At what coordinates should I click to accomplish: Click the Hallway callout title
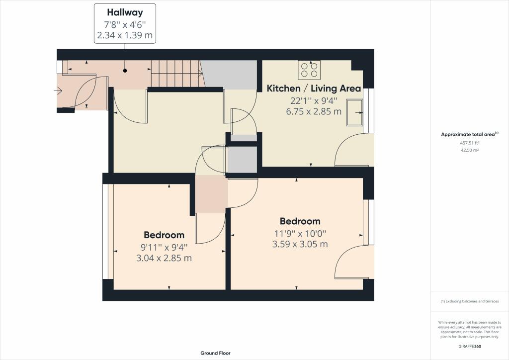(x=125, y=12)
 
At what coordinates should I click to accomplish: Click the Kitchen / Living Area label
(x=314, y=89)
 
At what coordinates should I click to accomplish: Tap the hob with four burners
(x=309, y=70)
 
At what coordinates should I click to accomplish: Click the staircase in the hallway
(x=177, y=74)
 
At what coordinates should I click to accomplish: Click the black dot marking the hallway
(x=125, y=71)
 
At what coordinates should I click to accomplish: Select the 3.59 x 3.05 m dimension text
(x=300, y=244)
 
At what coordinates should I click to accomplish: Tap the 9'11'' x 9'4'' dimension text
(x=164, y=247)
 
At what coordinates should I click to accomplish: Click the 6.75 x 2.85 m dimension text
(x=314, y=111)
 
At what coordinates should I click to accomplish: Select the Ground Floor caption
(x=215, y=353)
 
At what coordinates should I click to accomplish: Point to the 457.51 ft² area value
(x=470, y=143)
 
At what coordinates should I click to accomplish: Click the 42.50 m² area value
(x=470, y=150)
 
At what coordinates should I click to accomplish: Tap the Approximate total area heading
(x=469, y=134)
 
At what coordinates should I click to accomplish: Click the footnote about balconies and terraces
(x=470, y=301)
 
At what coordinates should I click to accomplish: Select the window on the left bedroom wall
(x=105, y=231)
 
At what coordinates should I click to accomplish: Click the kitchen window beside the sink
(x=368, y=111)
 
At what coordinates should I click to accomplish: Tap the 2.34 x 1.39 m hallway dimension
(x=125, y=36)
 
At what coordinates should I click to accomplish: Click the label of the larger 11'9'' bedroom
(x=300, y=221)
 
